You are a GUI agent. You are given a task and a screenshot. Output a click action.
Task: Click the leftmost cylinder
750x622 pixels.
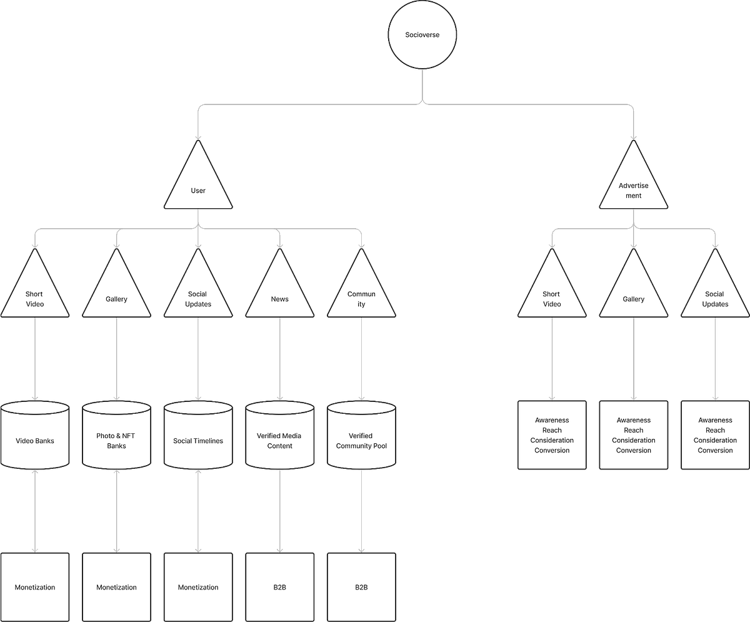(x=35, y=436)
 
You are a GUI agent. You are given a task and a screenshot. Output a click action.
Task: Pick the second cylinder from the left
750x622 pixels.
(x=116, y=436)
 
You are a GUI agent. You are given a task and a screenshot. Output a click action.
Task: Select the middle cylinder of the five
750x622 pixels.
(x=198, y=436)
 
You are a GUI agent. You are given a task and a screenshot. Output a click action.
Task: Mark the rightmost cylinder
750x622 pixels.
(x=361, y=436)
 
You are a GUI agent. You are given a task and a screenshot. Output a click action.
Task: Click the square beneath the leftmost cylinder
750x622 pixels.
(x=35, y=586)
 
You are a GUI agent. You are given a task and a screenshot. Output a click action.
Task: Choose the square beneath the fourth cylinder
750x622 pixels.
(x=279, y=586)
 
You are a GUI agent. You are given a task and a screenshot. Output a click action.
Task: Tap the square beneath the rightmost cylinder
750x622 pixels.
(x=361, y=586)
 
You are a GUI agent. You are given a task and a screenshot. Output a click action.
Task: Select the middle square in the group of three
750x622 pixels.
(x=633, y=435)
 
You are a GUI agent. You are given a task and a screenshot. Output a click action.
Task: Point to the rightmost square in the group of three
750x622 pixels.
(x=715, y=435)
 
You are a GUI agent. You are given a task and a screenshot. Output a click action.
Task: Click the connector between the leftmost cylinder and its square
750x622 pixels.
(x=35, y=510)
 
